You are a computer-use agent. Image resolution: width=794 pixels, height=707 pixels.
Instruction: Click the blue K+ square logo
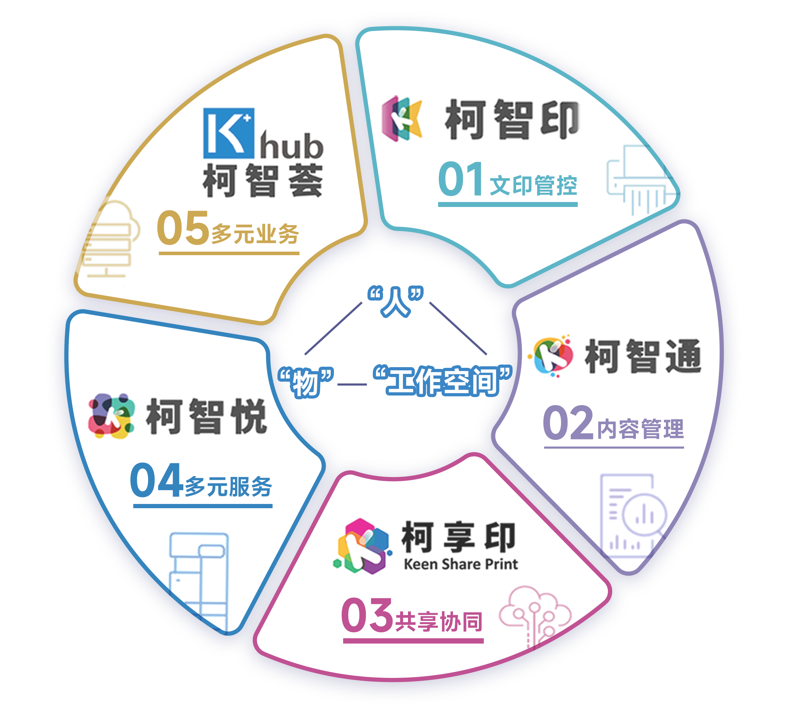(x=229, y=133)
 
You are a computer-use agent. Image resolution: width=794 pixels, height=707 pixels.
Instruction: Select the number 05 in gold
(x=183, y=228)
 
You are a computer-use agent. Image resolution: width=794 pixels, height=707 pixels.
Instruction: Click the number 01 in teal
(x=461, y=179)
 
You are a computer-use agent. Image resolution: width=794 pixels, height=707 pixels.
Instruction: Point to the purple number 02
(x=568, y=423)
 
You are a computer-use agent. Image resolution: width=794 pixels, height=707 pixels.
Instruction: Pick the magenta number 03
(x=367, y=615)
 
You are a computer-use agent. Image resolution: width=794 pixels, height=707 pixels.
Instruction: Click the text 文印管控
(x=534, y=185)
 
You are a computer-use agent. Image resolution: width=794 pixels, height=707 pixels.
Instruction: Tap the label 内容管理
(x=640, y=429)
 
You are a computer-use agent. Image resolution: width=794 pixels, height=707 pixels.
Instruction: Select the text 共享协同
(x=439, y=622)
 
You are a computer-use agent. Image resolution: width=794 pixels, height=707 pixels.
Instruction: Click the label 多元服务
(x=228, y=486)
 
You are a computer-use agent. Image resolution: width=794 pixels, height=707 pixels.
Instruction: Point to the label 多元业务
(x=255, y=234)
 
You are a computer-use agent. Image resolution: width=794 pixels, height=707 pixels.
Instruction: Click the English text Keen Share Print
(x=461, y=564)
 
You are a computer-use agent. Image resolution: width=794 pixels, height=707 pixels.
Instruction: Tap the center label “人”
(x=396, y=302)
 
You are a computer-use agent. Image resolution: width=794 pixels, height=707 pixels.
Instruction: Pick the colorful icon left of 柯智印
(x=402, y=118)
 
